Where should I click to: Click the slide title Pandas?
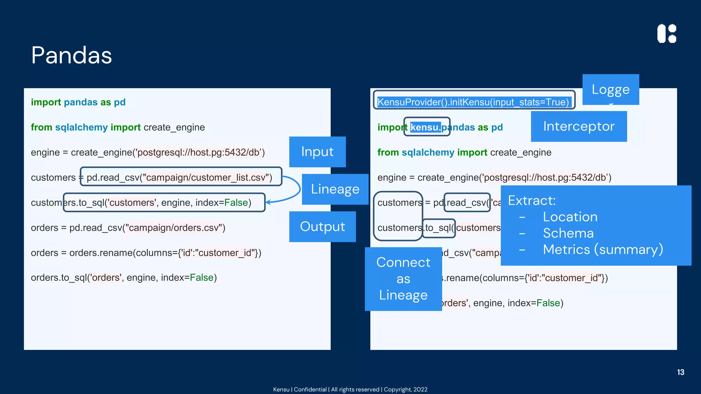tap(72, 55)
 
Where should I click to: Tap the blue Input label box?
tap(317, 152)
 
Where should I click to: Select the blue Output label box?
tap(322, 227)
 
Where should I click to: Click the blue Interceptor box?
tap(579, 126)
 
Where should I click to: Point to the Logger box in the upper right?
tap(611, 90)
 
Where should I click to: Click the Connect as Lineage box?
tap(403, 279)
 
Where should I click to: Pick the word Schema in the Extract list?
tap(568, 233)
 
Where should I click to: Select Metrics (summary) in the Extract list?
tap(603, 249)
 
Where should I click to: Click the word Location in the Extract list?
tap(570, 217)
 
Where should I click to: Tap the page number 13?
tap(680, 372)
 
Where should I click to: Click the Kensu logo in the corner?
tap(667, 34)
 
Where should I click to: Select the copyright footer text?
tap(350, 389)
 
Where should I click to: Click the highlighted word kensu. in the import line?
tap(425, 127)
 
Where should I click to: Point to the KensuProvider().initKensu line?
tap(473, 102)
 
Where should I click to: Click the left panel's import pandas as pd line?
tap(78, 102)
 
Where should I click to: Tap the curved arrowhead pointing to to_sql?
tap(268, 202)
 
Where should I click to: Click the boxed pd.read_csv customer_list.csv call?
tap(180, 177)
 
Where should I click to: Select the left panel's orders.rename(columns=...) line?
tap(146, 253)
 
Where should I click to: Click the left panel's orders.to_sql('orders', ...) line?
tap(124, 277)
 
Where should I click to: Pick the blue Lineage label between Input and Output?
tap(335, 189)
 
